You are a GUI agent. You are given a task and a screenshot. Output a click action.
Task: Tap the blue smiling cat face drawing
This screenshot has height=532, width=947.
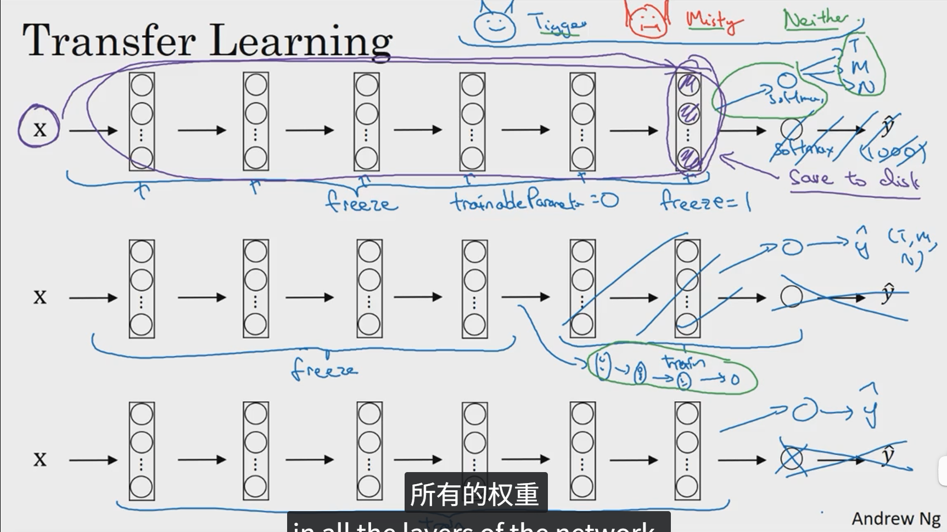click(x=495, y=24)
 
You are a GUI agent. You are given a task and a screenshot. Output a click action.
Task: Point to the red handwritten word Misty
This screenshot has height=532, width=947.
click(x=713, y=21)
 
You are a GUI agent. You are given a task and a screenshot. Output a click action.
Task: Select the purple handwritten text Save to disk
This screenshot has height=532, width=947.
click(x=854, y=179)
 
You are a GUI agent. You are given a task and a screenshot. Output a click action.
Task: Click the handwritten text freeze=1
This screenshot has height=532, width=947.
click(x=705, y=201)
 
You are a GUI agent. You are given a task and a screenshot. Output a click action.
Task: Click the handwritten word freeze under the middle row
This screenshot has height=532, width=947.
click(x=324, y=369)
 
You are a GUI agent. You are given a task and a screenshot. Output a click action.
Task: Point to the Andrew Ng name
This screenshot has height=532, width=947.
click(x=896, y=518)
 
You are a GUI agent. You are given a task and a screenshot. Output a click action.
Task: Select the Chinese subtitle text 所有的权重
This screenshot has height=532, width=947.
click(x=475, y=494)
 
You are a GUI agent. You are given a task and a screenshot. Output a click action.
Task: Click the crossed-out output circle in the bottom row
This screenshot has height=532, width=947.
click(x=791, y=459)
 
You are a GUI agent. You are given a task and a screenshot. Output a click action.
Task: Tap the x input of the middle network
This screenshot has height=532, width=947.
click(x=40, y=297)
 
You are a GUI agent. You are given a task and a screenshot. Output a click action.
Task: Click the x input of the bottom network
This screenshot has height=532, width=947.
click(x=40, y=459)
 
